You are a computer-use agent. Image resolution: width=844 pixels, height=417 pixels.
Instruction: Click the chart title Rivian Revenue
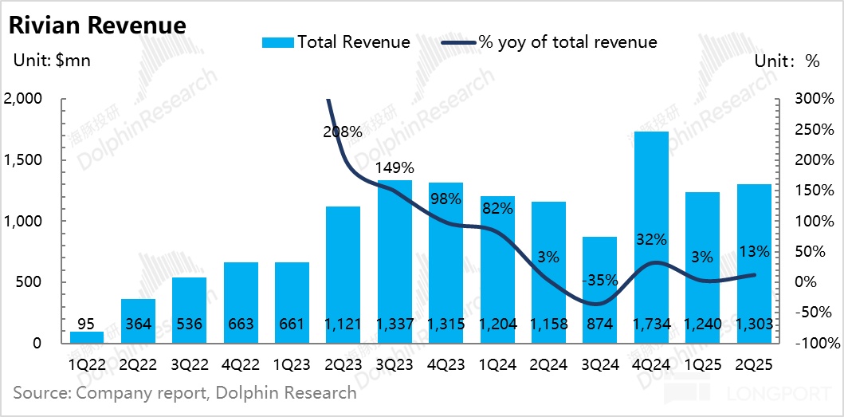[96, 26]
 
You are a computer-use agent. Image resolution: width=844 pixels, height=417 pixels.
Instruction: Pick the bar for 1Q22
[86, 337]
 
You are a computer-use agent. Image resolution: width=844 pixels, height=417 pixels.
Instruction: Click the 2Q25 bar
[754, 263]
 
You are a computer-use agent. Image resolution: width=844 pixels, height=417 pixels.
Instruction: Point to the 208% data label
[343, 132]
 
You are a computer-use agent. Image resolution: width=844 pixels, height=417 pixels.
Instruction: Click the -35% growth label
[600, 281]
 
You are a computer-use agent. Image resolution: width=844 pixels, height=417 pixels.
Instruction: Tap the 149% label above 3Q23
[395, 168]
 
